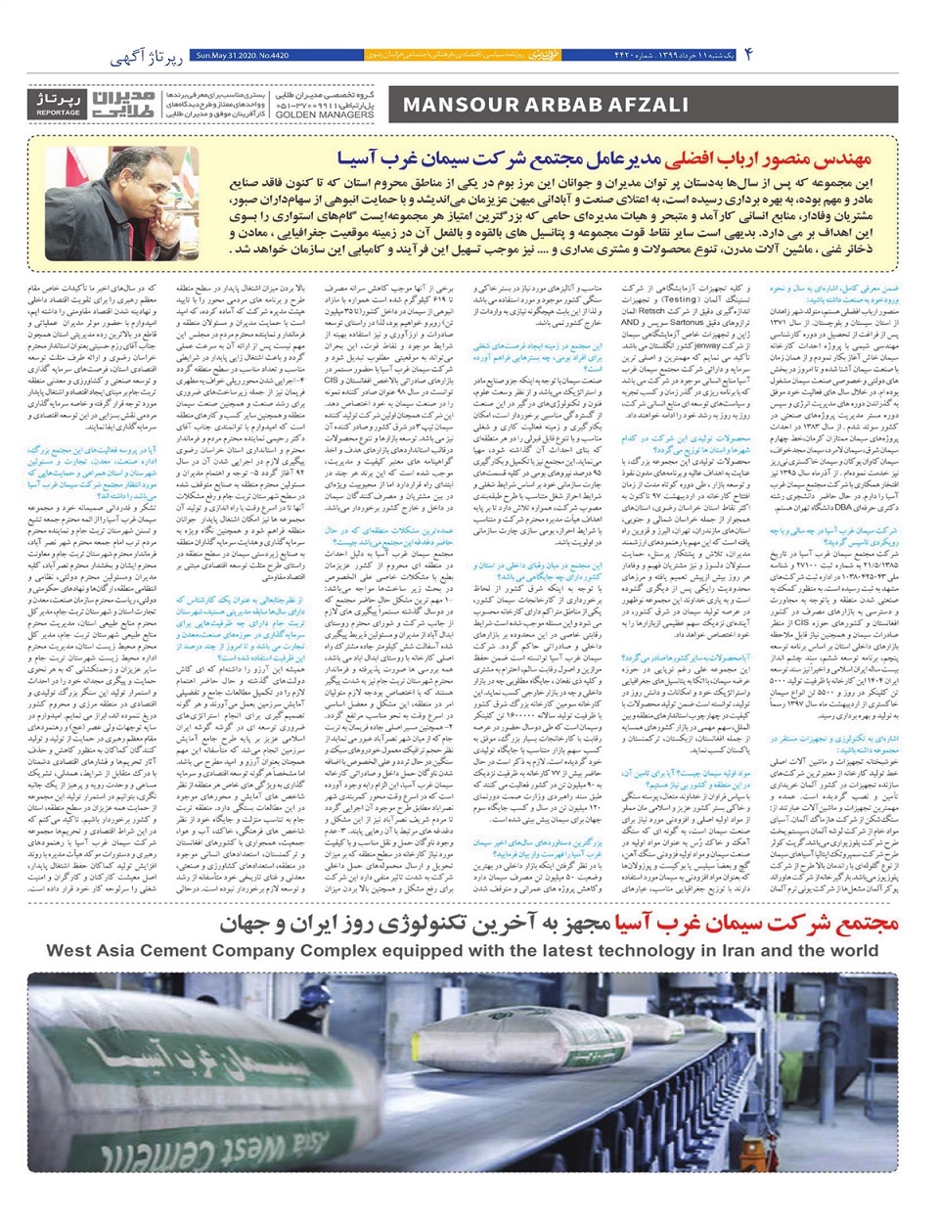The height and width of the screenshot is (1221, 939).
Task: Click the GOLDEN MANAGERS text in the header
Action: [x=310, y=114]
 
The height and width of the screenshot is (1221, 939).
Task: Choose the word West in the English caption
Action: [x=71, y=950]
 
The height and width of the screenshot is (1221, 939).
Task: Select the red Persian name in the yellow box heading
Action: [x=767, y=157]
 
